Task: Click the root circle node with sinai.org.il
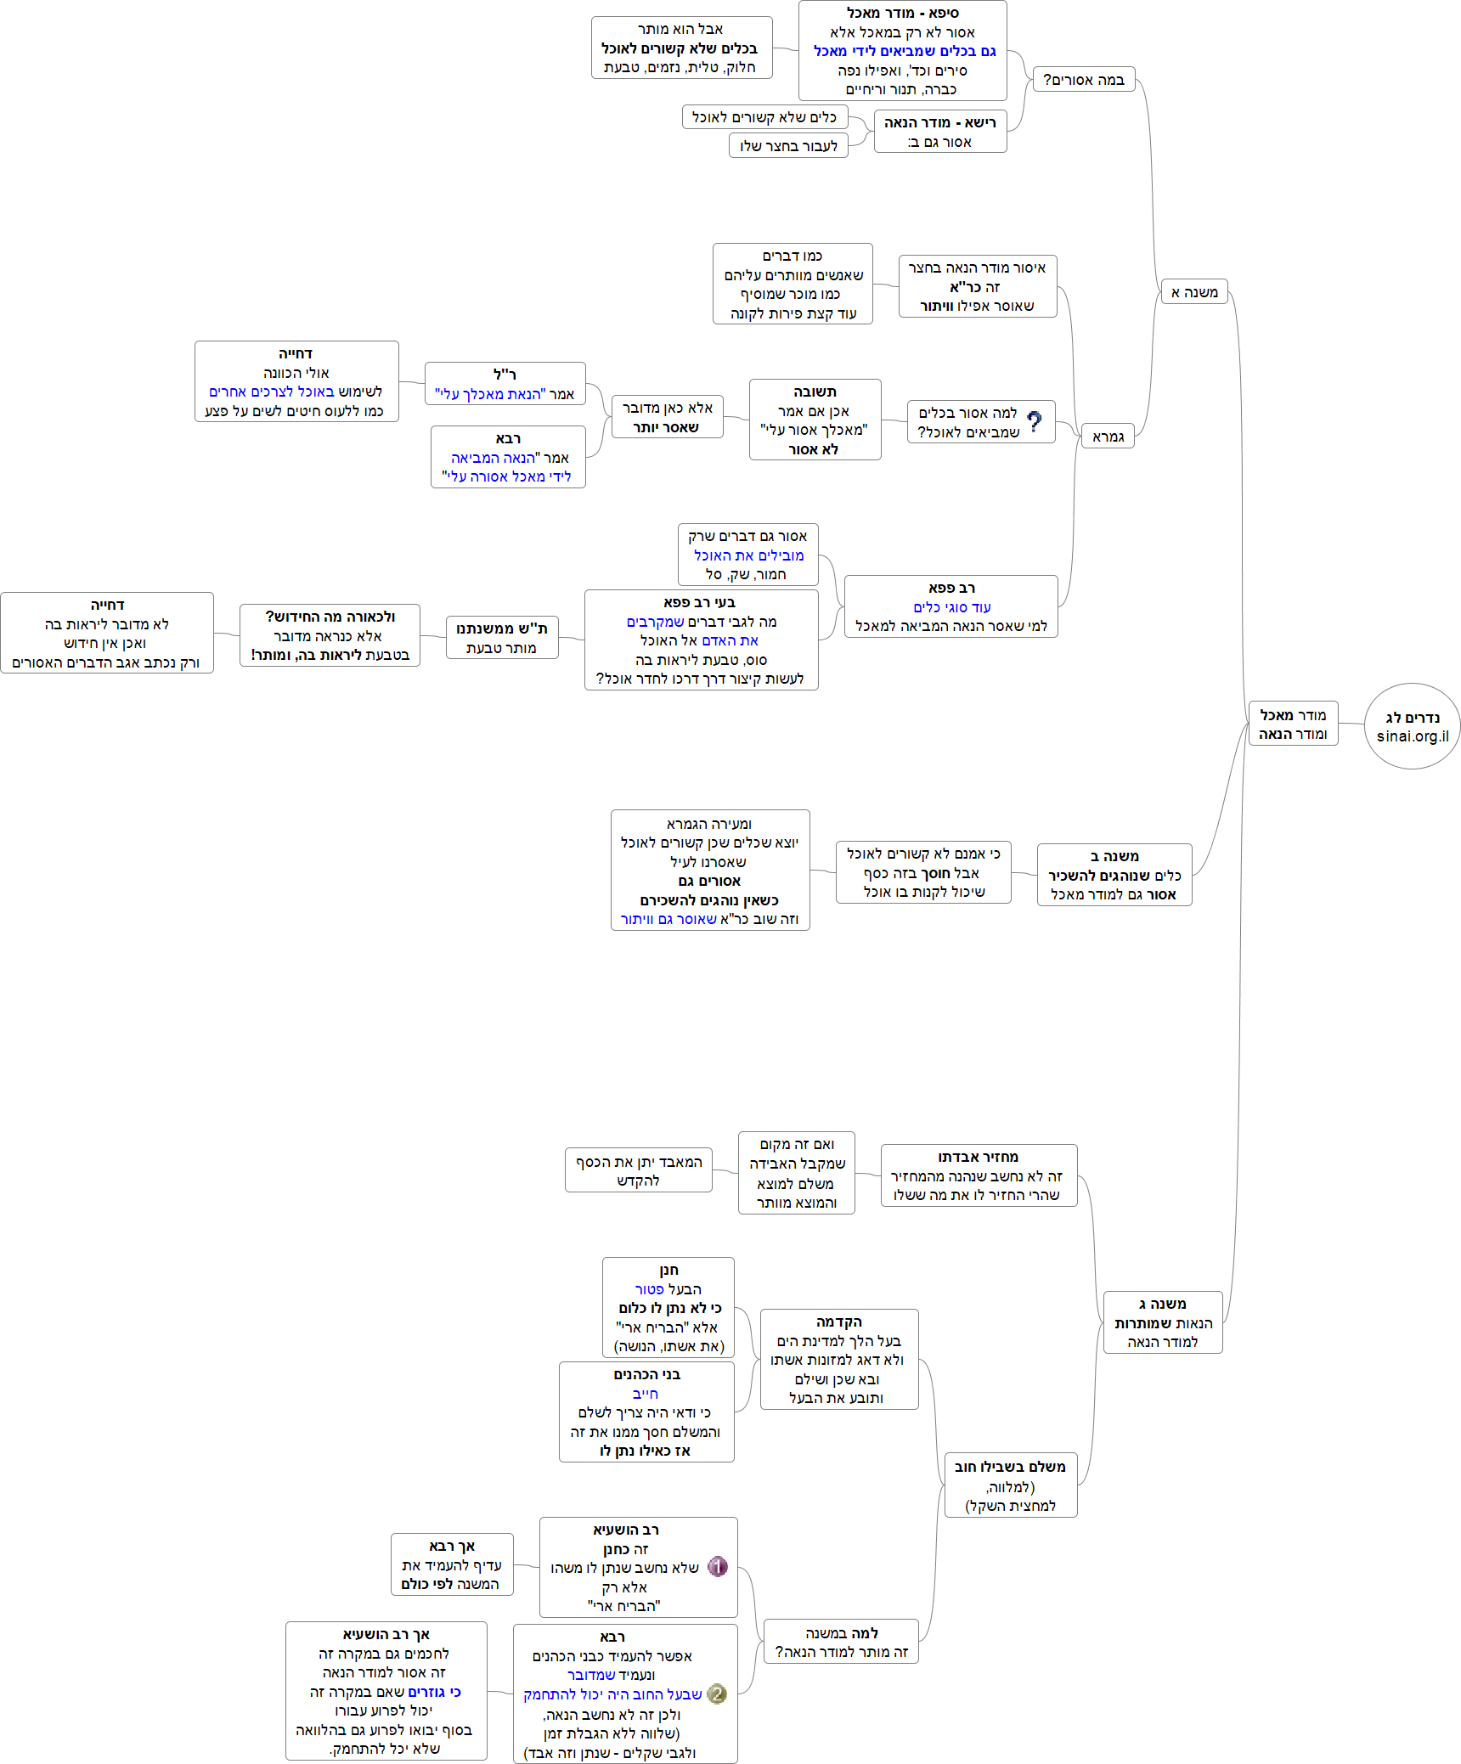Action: pyautogui.click(x=1412, y=726)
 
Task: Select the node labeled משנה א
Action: pyautogui.click(x=1193, y=292)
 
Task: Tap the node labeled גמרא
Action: pyautogui.click(x=1108, y=437)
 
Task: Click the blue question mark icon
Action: pyautogui.click(x=1034, y=422)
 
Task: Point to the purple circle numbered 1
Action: pyautogui.click(x=718, y=1566)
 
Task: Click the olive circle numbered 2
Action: pyautogui.click(x=717, y=1694)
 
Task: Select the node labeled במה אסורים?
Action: pyautogui.click(x=1084, y=80)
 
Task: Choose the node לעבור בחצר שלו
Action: pyautogui.click(x=788, y=146)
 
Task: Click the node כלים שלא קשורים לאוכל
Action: pyautogui.click(x=764, y=117)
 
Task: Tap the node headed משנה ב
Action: pyautogui.click(x=1114, y=875)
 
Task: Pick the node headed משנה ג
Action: pyautogui.click(x=1162, y=1322)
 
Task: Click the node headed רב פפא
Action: pyautogui.click(x=950, y=606)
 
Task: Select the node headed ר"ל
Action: pyautogui.click(x=505, y=384)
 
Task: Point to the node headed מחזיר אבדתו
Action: pyautogui.click(x=979, y=1175)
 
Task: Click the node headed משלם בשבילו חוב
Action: pyautogui.click(x=1010, y=1485)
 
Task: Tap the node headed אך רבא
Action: pyautogui.click(x=451, y=1564)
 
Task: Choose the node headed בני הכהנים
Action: pyautogui.click(x=646, y=1412)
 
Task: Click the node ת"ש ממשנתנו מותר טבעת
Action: pyautogui.click(x=502, y=638)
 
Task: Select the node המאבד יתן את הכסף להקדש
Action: pyautogui.click(x=638, y=1170)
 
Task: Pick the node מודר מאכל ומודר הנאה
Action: pyautogui.click(x=1293, y=724)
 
